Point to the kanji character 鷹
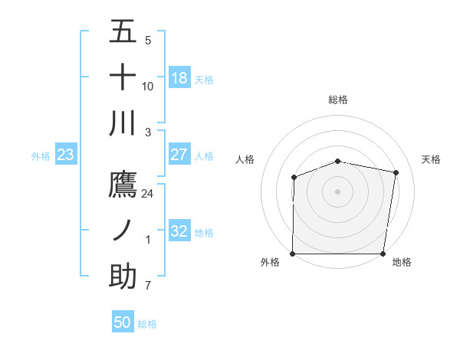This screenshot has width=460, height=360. [x=123, y=185]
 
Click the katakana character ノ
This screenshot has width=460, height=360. [x=123, y=231]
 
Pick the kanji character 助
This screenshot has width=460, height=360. [x=123, y=277]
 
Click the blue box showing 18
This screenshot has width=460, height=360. [x=179, y=78]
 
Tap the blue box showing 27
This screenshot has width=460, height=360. [x=179, y=155]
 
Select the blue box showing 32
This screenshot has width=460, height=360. [x=179, y=231]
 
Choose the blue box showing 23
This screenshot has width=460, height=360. [x=66, y=155]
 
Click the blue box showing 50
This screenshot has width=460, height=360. [x=123, y=322]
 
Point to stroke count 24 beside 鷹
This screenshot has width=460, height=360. [x=148, y=194]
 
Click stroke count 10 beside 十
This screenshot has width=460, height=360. [x=148, y=86]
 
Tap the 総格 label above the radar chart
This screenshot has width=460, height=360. [x=338, y=100]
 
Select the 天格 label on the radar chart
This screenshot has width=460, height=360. [x=432, y=159]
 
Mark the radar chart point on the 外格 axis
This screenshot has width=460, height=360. [x=293, y=254]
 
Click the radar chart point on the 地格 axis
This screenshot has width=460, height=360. [x=383, y=254]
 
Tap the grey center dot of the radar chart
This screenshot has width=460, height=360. [x=338, y=191]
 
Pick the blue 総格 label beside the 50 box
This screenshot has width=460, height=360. [x=147, y=324]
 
